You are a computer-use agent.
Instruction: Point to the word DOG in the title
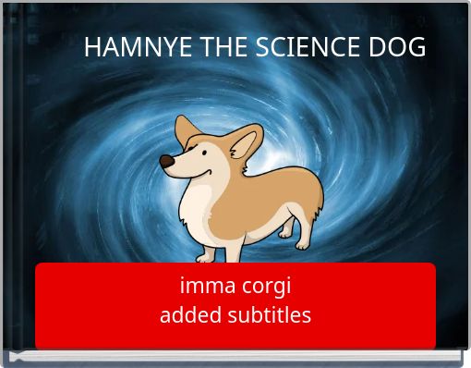[396, 48]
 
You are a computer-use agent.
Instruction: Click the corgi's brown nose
[165, 162]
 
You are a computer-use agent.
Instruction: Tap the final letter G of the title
[417, 48]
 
